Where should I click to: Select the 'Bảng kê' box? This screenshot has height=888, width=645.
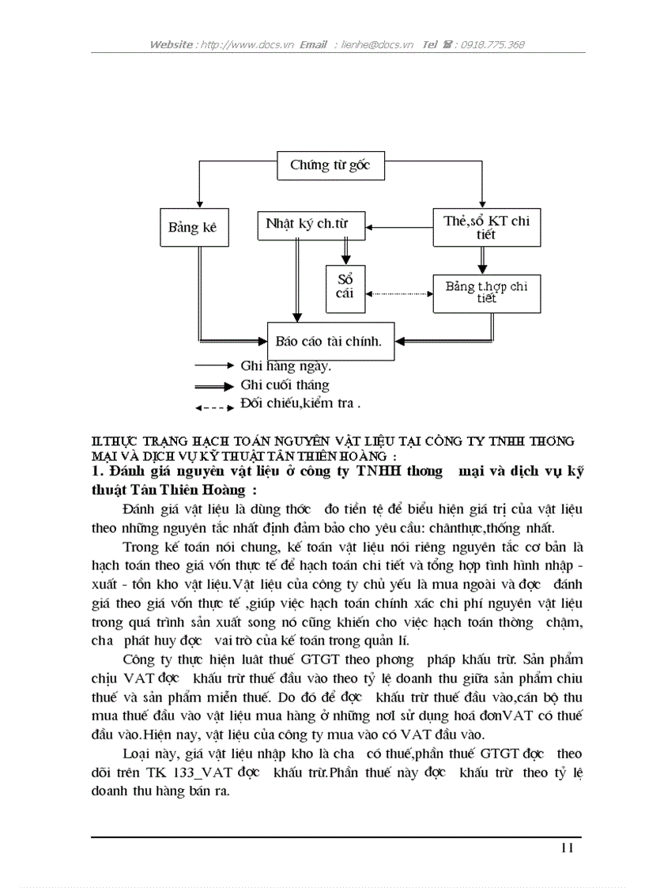point(192,228)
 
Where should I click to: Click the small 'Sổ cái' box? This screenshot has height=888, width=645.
point(345,287)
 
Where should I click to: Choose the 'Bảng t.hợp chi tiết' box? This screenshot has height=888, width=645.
point(486,292)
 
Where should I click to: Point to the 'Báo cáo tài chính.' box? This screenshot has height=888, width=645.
point(330,342)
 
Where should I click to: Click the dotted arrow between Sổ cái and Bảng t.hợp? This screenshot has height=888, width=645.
point(399,294)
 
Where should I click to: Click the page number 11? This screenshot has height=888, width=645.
point(567,848)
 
